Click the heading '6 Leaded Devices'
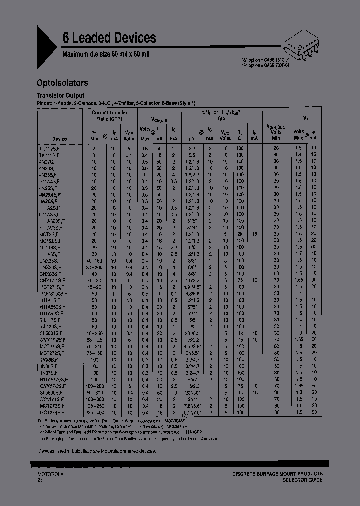pos(109,38)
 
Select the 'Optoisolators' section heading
pos(63,83)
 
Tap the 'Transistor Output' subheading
pos(61,95)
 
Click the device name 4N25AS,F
pos(50,194)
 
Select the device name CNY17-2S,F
pos(52,339)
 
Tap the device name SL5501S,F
pos(51,332)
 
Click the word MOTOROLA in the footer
pos(50,473)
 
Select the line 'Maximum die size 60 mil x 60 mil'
pos(106,53)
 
